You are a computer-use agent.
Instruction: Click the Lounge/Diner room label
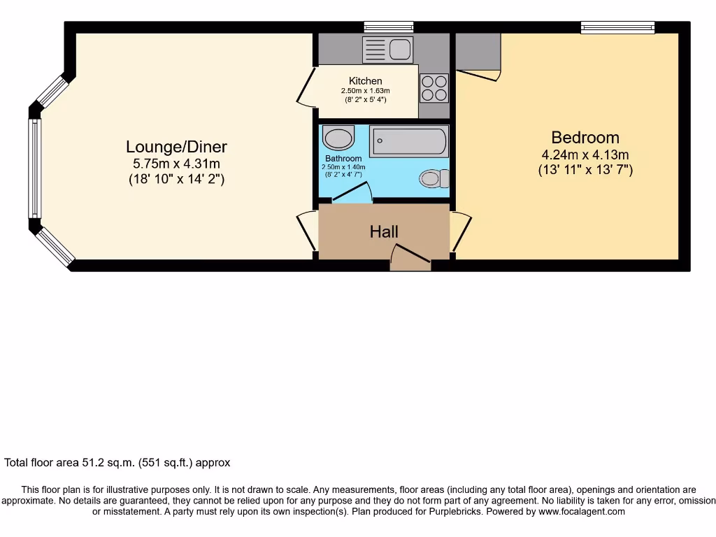coord(176,147)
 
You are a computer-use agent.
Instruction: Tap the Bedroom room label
coord(585,137)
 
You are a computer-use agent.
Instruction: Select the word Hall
coord(384,231)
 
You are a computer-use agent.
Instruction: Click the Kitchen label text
coord(366,81)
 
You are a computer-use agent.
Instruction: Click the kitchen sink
coord(387,50)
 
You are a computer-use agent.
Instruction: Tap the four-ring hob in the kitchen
coord(434,88)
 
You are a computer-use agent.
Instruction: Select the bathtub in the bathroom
coord(408,141)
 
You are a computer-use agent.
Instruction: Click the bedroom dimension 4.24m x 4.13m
coord(585,155)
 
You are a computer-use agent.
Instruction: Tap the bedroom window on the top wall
coord(618,27)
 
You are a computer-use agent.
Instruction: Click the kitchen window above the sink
coord(389,27)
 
